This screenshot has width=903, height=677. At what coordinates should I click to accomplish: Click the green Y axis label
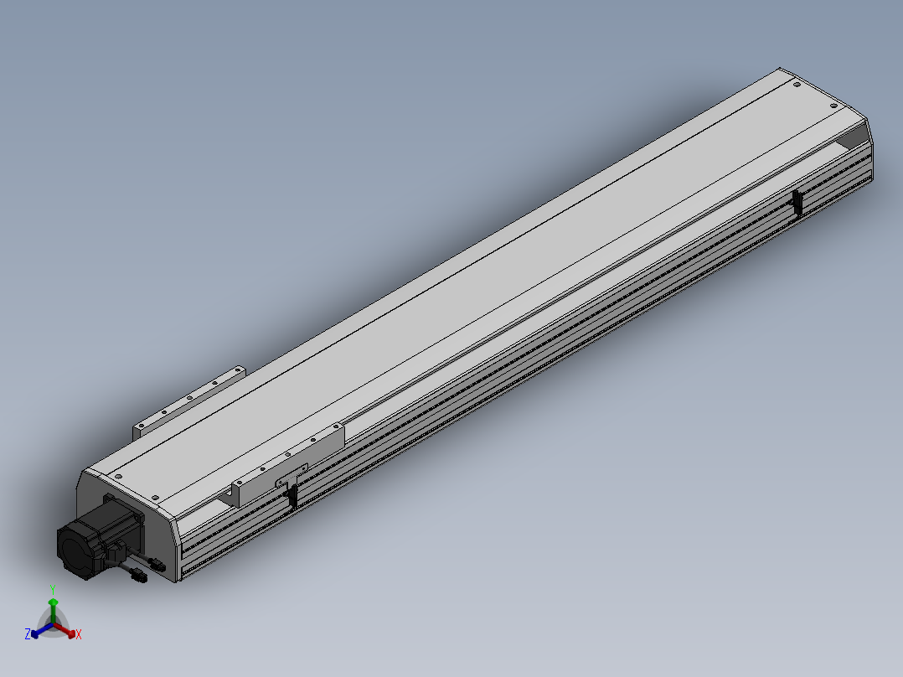tap(53, 589)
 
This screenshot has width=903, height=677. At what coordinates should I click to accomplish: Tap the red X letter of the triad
tap(79, 635)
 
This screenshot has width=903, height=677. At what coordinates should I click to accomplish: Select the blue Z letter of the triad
tap(28, 635)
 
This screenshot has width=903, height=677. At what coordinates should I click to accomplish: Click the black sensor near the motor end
tap(292, 496)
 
